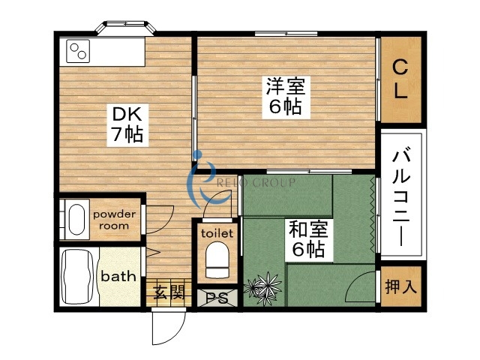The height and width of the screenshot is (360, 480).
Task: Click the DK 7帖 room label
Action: click(x=128, y=124)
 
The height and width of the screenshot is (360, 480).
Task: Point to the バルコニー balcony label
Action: click(x=400, y=193)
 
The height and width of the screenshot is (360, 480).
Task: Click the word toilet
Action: click(x=217, y=232)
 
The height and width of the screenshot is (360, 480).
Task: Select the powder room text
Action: click(x=115, y=220)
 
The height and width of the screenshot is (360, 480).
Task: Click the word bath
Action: click(x=118, y=276)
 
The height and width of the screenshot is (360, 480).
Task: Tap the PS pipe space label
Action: click(x=217, y=296)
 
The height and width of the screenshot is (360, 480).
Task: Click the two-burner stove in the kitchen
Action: click(x=78, y=52)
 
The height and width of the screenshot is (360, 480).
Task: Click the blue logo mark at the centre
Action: click(x=201, y=181)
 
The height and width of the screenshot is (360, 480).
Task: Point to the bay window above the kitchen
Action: click(x=126, y=28)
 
